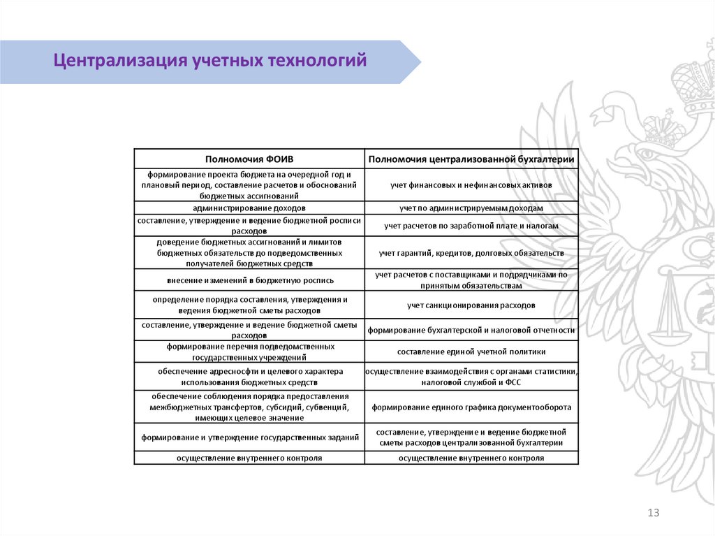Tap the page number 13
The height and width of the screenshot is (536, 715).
tap(654, 514)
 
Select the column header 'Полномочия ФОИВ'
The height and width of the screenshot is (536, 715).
tap(249, 159)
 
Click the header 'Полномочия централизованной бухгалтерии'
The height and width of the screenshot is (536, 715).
tap(471, 159)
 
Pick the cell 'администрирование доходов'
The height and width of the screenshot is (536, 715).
tap(249, 208)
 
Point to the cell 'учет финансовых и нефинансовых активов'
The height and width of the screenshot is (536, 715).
tap(471, 185)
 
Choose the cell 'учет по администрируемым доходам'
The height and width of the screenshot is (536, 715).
tap(471, 208)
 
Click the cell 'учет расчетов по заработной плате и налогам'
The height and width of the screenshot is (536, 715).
tap(471, 226)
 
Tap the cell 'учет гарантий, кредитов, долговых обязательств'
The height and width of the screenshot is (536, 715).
tap(471, 252)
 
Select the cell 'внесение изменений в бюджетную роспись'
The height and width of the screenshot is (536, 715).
tap(249, 280)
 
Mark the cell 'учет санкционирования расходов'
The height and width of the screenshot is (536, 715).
tap(471, 305)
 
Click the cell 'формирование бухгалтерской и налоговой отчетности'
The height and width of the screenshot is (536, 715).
tap(471, 330)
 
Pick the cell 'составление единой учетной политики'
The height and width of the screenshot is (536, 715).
tap(471, 352)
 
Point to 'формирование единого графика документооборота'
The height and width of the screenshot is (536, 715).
tap(471, 407)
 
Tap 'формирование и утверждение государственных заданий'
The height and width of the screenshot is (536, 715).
tap(249, 437)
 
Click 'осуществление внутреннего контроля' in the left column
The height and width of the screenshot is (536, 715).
tap(249, 458)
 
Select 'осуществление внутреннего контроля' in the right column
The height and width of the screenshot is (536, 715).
tap(471, 458)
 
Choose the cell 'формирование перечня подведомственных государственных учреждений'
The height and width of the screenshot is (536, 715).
tap(249, 352)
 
